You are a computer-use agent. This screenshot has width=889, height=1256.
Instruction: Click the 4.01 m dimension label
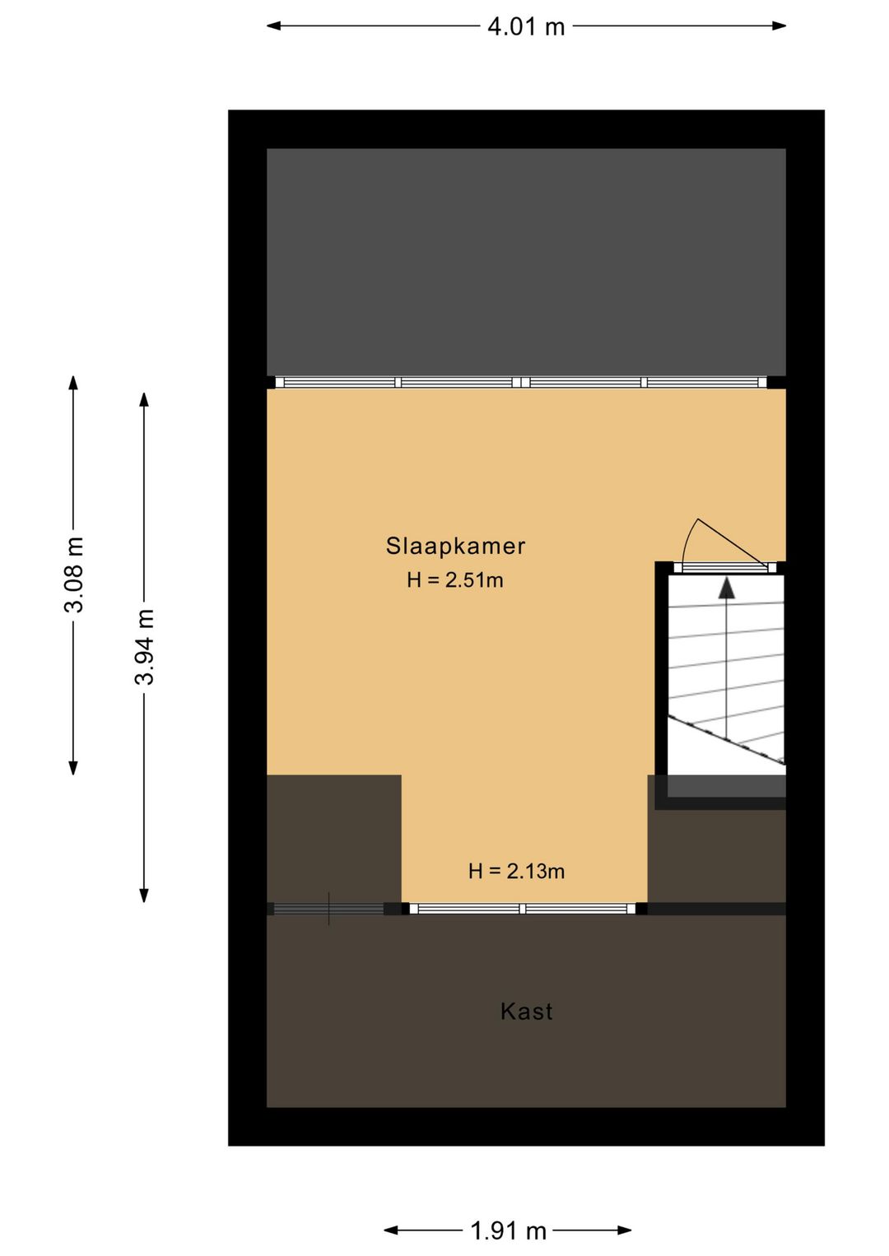click(525, 27)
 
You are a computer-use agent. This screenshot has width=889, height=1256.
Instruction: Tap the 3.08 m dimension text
click(74, 575)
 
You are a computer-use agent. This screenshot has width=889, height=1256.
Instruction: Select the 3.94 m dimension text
click(145, 646)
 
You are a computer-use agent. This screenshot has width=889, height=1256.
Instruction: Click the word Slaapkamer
click(455, 547)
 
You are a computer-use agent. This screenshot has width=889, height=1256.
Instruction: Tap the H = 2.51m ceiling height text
click(455, 579)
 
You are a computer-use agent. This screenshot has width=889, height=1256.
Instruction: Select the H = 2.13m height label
click(516, 871)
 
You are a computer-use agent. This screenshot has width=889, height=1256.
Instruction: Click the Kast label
click(526, 1012)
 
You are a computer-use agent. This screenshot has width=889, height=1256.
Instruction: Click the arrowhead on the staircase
click(727, 587)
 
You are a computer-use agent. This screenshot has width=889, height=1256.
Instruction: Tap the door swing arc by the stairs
click(687, 537)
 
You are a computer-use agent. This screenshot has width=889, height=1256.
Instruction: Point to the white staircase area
click(726, 673)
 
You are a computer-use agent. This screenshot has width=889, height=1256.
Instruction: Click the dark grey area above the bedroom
click(526, 262)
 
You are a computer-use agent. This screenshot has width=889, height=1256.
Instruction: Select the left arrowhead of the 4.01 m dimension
click(273, 26)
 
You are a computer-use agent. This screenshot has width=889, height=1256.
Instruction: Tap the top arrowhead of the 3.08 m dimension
click(73, 383)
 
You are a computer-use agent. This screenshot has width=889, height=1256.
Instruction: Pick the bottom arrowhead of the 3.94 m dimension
click(144, 895)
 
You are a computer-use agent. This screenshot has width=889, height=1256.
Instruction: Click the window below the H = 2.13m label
click(523, 909)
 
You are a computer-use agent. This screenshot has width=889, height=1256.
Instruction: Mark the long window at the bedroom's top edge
click(521, 383)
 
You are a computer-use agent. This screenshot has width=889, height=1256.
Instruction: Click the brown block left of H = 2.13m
click(333, 839)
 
